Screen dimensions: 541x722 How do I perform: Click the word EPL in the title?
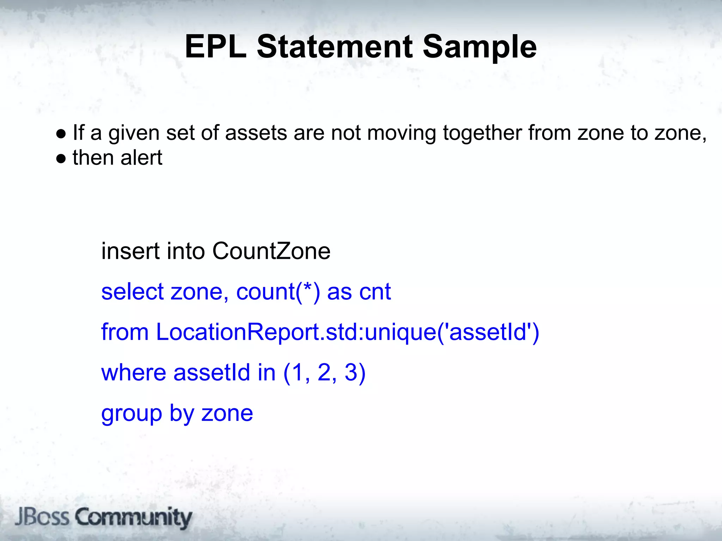215,46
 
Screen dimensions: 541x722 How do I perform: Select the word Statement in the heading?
335,46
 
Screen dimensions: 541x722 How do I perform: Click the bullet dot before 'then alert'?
61,159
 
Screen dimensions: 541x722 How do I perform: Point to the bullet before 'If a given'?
61,134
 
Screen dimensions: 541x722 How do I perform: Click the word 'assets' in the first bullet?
256,133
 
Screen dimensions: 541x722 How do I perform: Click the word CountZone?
271,251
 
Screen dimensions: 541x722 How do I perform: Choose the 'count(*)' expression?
278,292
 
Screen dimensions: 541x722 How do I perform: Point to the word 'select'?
132,292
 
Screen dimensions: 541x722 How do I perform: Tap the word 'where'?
133,373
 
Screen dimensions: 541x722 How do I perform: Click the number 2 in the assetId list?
324,373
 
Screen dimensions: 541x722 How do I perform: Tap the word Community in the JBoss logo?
134,518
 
